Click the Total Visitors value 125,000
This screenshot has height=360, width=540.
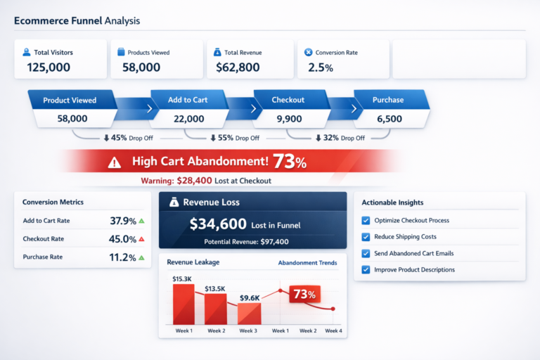click(x=49, y=67)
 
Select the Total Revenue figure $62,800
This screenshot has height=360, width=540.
click(x=238, y=67)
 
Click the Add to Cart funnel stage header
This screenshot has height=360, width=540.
click(x=188, y=100)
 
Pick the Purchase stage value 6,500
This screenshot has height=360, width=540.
click(x=389, y=119)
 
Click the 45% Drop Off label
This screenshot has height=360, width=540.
click(x=128, y=138)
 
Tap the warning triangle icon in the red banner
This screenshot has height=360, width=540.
click(x=115, y=162)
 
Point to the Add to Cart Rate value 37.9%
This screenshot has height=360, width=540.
click(x=122, y=221)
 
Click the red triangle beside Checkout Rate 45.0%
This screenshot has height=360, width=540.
click(x=141, y=239)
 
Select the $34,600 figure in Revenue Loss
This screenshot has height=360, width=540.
click(x=218, y=224)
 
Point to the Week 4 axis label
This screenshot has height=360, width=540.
click(x=333, y=330)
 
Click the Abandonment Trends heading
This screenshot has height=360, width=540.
click(x=307, y=263)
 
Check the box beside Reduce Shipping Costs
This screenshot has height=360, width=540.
click(x=366, y=237)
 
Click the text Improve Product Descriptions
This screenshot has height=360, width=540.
click(x=414, y=269)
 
